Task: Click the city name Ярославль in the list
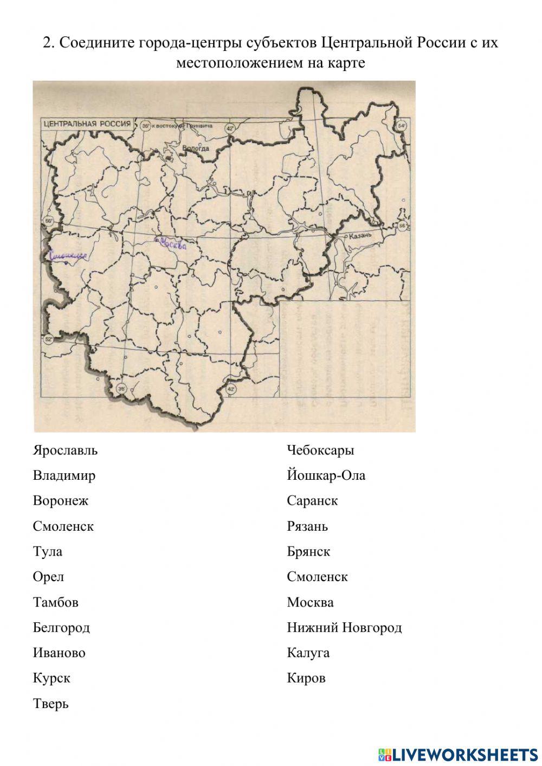[x=65, y=450]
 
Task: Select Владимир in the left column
[x=64, y=476]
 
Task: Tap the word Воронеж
[x=60, y=501]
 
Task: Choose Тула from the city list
[x=48, y=552]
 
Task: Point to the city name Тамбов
[x=55, y=602]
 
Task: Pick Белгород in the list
[x=61, y=628]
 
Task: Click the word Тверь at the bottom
[x=50, y=704]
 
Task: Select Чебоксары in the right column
[x=320, y=450]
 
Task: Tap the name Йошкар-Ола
[x=326, y=476]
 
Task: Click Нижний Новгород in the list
[x=344, y=628]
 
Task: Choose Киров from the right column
[x=306, y=678]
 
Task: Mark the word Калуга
[x=308, y=653]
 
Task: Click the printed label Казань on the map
[x=360, y=236]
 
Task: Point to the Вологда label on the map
[x=195, y=147]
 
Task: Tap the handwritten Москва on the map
[x=172, y=245]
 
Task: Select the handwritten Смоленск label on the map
[x=68, y=255]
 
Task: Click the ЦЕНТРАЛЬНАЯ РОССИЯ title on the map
[x=87, y=124]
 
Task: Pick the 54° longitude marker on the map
[x=401, y=126]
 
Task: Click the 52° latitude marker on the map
[x=48, y=340]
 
